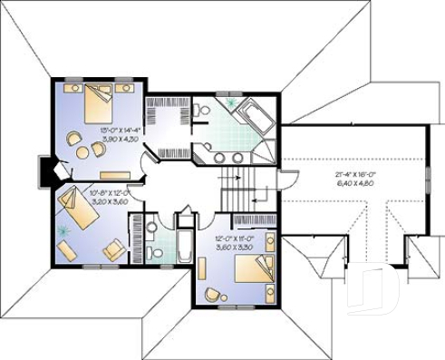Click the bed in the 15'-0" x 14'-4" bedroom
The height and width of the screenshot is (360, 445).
97,105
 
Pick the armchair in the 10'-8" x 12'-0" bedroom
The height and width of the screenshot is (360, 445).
112,248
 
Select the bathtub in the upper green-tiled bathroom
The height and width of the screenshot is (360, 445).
250,118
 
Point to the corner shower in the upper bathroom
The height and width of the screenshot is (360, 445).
264,154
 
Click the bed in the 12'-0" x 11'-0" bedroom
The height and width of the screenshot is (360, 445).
256,269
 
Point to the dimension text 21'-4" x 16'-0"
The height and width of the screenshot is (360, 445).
356,171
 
